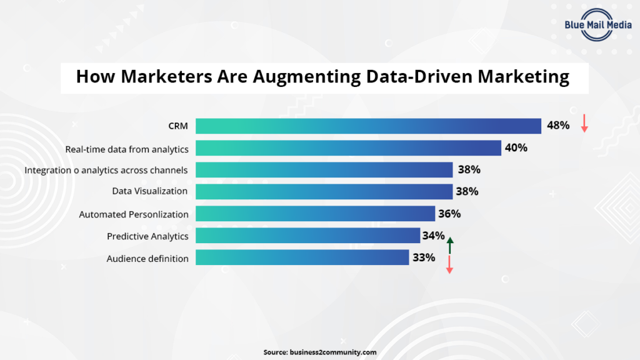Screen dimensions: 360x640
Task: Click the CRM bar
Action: click(368, 126)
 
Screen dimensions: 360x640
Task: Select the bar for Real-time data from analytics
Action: click(348, 148)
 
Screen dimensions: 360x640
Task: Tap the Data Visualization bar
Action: click(324, 191)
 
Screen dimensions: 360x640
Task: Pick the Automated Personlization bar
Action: click(315, 214)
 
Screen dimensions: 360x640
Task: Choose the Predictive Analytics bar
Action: click(307, 236)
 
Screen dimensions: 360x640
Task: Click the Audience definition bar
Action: click(302, 257)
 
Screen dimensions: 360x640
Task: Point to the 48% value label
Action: click(558, 126)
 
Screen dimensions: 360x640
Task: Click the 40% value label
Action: click(517, 148)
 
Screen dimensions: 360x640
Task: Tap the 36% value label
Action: click(449, 214)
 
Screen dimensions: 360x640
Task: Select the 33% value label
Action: click(423, 257)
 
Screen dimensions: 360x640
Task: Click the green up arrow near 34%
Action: click(449, 245)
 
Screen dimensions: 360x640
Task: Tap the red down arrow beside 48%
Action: click(584, 123)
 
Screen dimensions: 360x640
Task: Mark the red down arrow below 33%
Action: click(449, 265)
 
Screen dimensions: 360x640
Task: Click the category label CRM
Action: click(178, 126)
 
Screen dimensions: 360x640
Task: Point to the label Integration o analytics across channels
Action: click(106, 170)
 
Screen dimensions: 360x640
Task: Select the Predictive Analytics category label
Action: click(147, 236)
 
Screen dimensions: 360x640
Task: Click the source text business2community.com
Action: click(333, 352)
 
